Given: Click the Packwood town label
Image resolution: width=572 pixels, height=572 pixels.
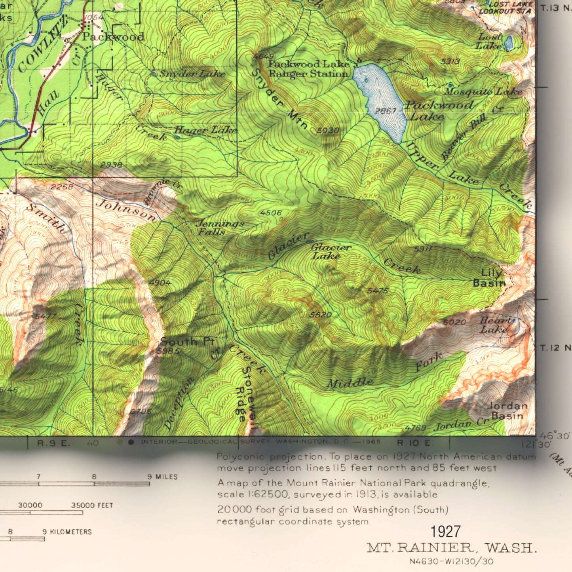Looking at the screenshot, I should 113,37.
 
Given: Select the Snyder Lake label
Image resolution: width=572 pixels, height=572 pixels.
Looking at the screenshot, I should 192,74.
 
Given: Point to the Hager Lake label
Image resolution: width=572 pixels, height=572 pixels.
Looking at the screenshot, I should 205,130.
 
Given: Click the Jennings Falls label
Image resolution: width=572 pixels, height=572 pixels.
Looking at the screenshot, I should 220,228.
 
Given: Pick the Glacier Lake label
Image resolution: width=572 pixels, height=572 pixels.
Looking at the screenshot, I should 331,251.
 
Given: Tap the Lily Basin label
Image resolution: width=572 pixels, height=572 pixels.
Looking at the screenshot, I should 490,278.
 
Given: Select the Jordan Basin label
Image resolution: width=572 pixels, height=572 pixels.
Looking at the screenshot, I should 507,410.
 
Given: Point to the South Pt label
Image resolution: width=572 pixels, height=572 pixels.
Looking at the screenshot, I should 187,342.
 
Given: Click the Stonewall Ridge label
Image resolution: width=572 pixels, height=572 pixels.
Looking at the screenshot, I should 245,396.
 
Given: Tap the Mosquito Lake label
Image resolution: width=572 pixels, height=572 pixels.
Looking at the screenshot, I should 483,91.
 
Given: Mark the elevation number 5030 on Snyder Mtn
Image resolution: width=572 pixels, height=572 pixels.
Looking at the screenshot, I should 328,130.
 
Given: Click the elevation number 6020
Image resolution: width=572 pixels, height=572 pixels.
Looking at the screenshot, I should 454,322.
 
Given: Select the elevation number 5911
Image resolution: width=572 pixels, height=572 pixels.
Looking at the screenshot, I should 422,249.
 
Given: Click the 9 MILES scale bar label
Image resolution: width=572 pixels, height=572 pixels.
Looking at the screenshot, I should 162,477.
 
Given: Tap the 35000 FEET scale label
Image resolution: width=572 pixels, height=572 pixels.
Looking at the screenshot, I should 92,505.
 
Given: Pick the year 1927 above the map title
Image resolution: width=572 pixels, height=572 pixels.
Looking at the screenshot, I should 445,532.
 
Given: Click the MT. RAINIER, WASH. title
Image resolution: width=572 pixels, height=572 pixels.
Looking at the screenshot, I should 452,548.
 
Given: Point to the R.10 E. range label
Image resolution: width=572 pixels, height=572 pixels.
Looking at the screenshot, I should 415,443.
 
